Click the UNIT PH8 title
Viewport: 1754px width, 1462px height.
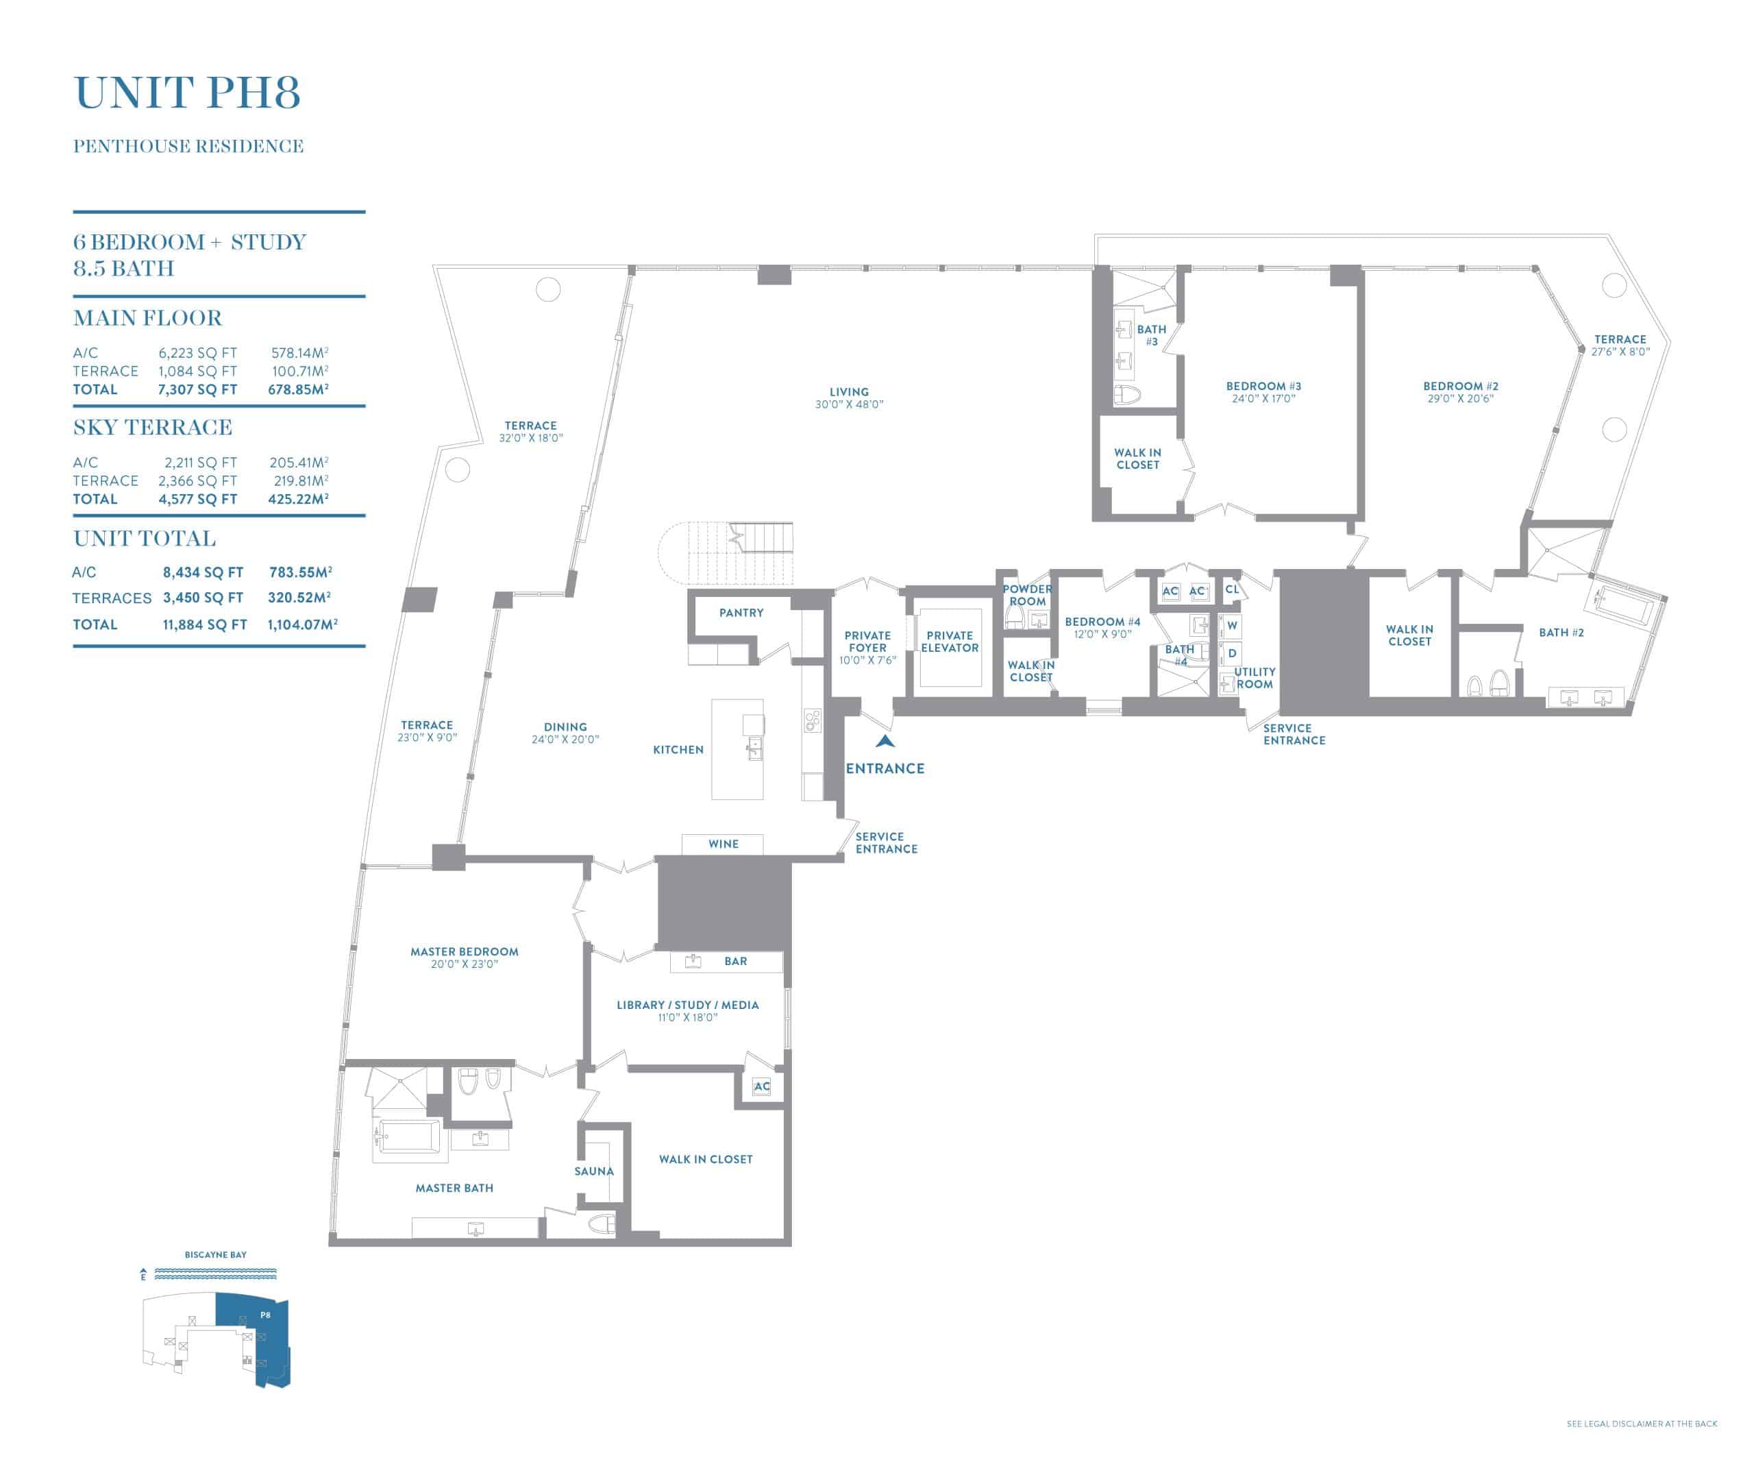(187, 93)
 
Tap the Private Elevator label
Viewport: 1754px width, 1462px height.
(950, 642)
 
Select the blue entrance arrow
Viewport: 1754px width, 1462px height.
(885, 740)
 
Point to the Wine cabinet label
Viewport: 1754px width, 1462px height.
(724, 844)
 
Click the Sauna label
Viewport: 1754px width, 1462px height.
(594, 1171)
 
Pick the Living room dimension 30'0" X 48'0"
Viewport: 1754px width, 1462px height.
(850, 404)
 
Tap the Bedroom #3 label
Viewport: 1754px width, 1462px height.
(1263, 386)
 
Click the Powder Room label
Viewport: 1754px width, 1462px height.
(1027, 595)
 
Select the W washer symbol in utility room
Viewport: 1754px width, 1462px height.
(1232, 626)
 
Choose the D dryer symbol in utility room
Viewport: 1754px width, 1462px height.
(1232, 653)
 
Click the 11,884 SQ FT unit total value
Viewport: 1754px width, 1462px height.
(205, 624)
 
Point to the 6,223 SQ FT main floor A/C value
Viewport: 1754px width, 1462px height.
(198, 352)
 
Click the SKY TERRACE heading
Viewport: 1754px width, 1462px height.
(153, 427)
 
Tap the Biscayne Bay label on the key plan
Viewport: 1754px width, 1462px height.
(216, 1255)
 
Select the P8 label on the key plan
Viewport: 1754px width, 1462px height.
(264, 1315)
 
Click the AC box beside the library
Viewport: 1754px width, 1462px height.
(762, 1086)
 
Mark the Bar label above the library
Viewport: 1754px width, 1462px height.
(736, 962)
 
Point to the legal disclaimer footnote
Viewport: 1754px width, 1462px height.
(1642, 1424)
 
